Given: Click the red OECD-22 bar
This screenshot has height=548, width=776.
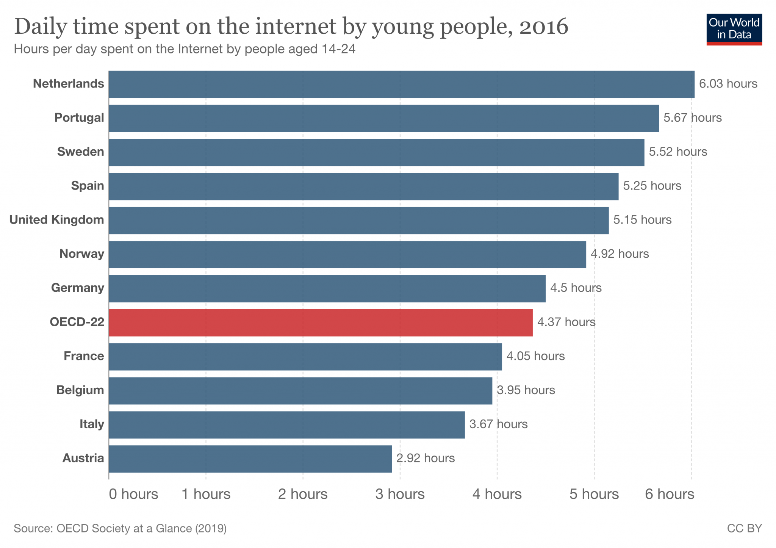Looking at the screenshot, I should point(321,323).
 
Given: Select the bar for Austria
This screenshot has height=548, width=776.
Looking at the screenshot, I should point(250,459).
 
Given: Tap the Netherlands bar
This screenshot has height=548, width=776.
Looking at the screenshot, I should point(402,84).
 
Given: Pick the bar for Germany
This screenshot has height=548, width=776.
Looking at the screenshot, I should point(327,288).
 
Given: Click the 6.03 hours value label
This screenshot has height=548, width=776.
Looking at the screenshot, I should point(728,84).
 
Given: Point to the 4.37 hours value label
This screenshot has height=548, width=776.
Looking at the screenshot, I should point(566,322).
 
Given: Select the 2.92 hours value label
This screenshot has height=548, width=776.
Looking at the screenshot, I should point(425,458).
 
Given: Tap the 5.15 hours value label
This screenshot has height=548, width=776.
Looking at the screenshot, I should point(642,220).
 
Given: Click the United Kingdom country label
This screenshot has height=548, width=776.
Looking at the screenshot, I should point(56,220).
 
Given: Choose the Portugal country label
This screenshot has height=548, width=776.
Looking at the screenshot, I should point(79,118).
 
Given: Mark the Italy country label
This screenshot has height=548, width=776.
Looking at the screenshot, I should point(92,424).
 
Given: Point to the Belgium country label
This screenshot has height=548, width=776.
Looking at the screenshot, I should point(80,390).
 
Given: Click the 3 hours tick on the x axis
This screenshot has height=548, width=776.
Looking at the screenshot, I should point(400,494).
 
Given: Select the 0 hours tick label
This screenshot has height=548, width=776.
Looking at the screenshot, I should point(133,494).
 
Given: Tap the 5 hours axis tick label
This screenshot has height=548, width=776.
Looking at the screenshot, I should point(594,494).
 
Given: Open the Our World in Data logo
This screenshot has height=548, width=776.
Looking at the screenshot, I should point(734,29).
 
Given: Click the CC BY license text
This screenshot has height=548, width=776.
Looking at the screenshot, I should point(744,528).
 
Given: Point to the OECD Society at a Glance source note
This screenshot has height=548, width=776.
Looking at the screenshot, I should point(120,528).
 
